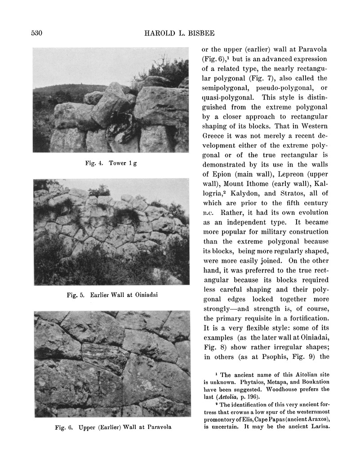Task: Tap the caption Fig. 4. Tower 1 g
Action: coord(111,163)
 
